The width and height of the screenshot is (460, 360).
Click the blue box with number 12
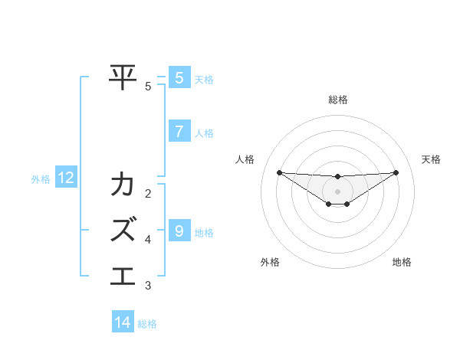pyautogui.click(x=66, y=178)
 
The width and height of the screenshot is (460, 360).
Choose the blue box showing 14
pyautogui.click(x=123, y=323)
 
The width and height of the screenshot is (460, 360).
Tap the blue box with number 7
pyautogui.click(x=179, y=132)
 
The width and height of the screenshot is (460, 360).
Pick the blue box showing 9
pyautogui.click(x=179, y=231)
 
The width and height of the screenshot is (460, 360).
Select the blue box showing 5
pyautogui.click(x=179, y=78)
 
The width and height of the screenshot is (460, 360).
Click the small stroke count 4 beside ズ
pyautogui.click(x=148, y=240)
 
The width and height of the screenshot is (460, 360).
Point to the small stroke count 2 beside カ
pyautogui.click(x=148, y=193)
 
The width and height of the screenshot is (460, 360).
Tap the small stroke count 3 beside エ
pyautogui.click(x=148, y=286)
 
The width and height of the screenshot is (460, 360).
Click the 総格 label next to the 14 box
pyautogui.click(x=147, y=324)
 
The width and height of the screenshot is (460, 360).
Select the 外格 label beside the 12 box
pyautogui.click(x=41, y=179)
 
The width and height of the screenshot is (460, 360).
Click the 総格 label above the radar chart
pyautogui.click(x=337, y=100)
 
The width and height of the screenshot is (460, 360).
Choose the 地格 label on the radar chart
pyautogui.click(x=402, y=262)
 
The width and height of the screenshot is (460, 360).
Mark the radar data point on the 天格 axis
pyautogui.click(x=396, y=172)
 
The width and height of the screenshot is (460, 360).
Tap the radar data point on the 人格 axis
pyautogui.click(x=279, y=172)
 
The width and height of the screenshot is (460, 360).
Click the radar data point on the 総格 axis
pyautogui.click(x=337, y=176)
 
